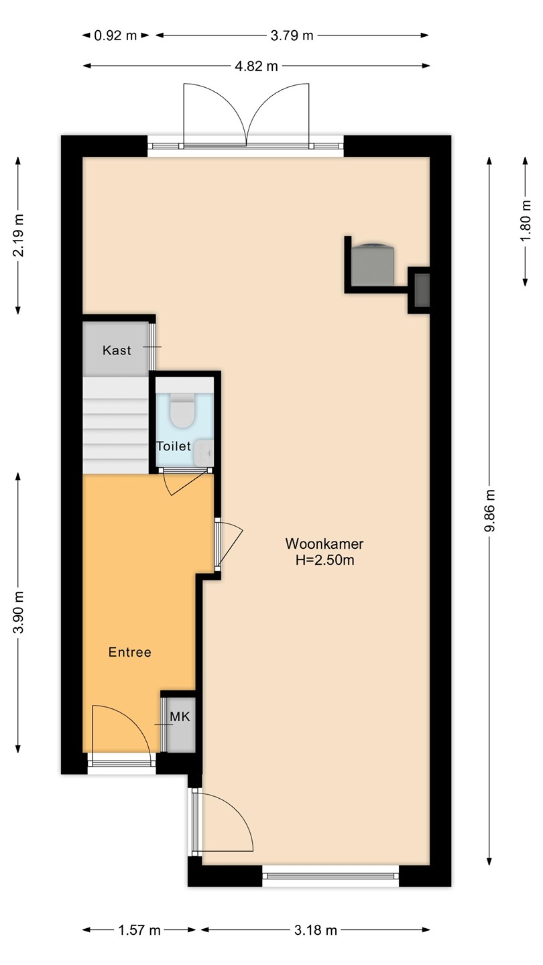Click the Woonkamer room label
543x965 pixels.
[x=324, y=543]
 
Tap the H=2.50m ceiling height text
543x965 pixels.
[x=325, y=560]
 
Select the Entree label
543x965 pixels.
[x=130, y=652]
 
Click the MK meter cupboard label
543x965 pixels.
[x=180, y=717]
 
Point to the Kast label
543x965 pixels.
[x=117, y=350]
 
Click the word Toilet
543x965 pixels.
[x=173, y=446]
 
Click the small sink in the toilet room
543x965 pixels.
[x=203, y=453]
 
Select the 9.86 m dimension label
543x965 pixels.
[x=490, y=511]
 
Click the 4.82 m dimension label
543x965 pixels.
[x=256, y=66]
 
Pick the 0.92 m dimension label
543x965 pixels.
[x=115, y=36]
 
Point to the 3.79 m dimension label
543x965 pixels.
[x=292, y=36]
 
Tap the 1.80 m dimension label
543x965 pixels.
[x=526, y=221]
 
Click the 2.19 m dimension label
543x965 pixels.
[x=18, y=235]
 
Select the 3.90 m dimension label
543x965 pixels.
[x=18, y=613]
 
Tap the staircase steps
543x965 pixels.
[x=115, y=425]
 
